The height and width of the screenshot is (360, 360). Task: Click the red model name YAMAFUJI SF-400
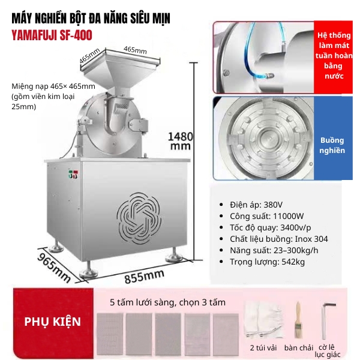[x=52, y=35]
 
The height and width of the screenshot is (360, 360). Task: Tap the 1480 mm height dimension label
[x=181, y=141]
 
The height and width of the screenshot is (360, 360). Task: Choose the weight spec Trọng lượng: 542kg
[x=267, y=262]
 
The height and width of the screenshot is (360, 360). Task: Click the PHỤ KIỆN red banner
[x=53, y=322]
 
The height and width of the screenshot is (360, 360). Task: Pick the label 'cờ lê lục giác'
[x=328, y=351]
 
